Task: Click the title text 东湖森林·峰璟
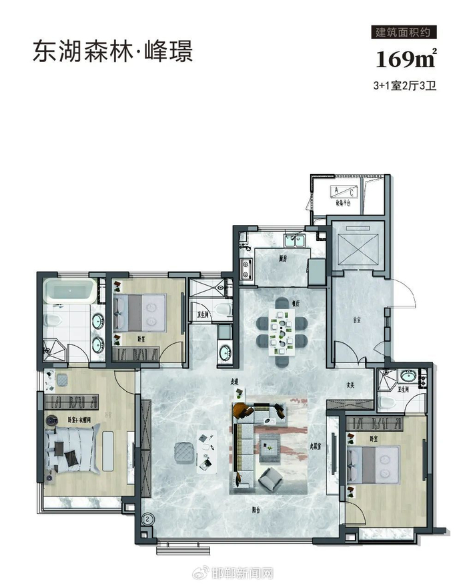(113, 51)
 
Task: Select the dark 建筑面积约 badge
(406, 32)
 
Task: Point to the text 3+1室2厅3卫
(405, 85)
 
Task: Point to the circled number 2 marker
(147, 517)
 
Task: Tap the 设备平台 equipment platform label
(344, 206)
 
